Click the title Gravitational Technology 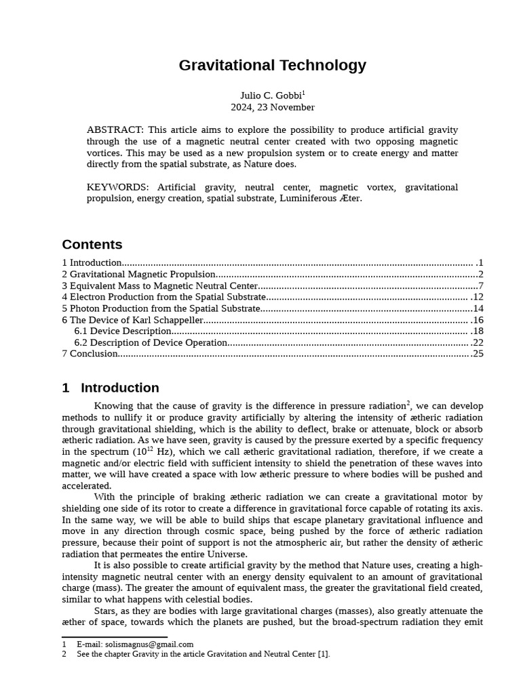[272, 66]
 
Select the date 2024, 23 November [272, 107]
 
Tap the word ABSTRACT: [115, 129]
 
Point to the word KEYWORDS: [117, 187]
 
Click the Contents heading [92, 245]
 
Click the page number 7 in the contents [480, 285]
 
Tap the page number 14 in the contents [478, 308]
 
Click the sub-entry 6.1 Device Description [123, 331]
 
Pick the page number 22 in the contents [478, 342]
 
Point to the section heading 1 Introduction [111, 388]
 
